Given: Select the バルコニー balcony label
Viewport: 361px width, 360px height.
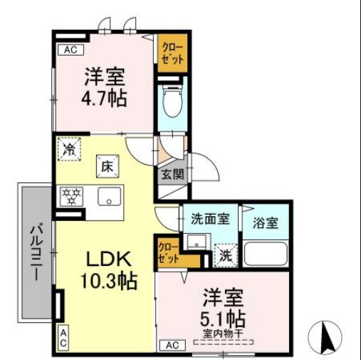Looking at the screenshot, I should tap(34, 252).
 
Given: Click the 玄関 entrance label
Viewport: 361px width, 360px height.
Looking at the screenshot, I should tap(171, 173).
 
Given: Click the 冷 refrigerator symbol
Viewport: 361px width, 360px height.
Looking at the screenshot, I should tap(69, 149).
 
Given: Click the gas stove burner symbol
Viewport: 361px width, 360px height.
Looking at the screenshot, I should tap(71, 196).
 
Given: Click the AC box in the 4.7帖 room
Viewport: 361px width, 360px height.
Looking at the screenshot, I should tap(70, 50).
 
